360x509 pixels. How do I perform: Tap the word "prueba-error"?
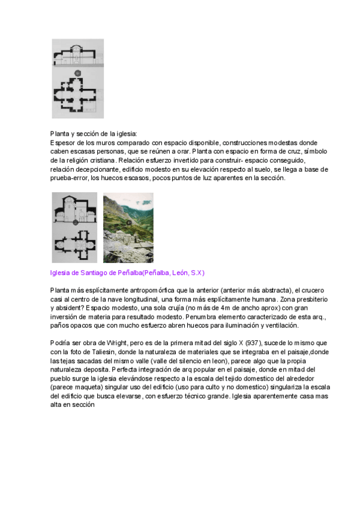coord(71,178)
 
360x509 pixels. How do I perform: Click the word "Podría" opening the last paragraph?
coord(61,342)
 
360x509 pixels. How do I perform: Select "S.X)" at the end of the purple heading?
coord(197,273)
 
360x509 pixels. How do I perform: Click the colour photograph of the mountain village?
coord(128,228)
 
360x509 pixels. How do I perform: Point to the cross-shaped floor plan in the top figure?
coord(74,97)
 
